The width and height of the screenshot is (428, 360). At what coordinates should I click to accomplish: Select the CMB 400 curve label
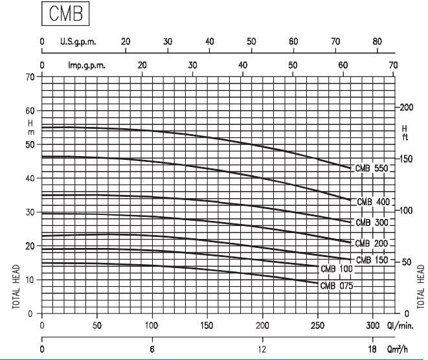pos(372,201)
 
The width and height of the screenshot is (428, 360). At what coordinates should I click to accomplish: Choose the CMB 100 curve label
pos(337,267)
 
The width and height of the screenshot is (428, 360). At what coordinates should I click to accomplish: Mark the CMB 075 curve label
pos(337,285)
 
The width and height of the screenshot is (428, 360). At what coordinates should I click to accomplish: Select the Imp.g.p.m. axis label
pos(87,65)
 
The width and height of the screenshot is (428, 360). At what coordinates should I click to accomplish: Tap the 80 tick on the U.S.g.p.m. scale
pos(377,41)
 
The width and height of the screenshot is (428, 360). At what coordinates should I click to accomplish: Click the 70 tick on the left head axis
pos(30,76)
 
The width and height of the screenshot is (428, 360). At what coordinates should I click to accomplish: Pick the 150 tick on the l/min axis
pos(208,324)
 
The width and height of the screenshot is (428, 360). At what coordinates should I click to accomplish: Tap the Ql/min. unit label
pos(405,324)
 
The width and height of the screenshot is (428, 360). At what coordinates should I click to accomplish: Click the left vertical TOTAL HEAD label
pos(15,286)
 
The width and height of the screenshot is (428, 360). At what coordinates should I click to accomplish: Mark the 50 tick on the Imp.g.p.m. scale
pos(293,65)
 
